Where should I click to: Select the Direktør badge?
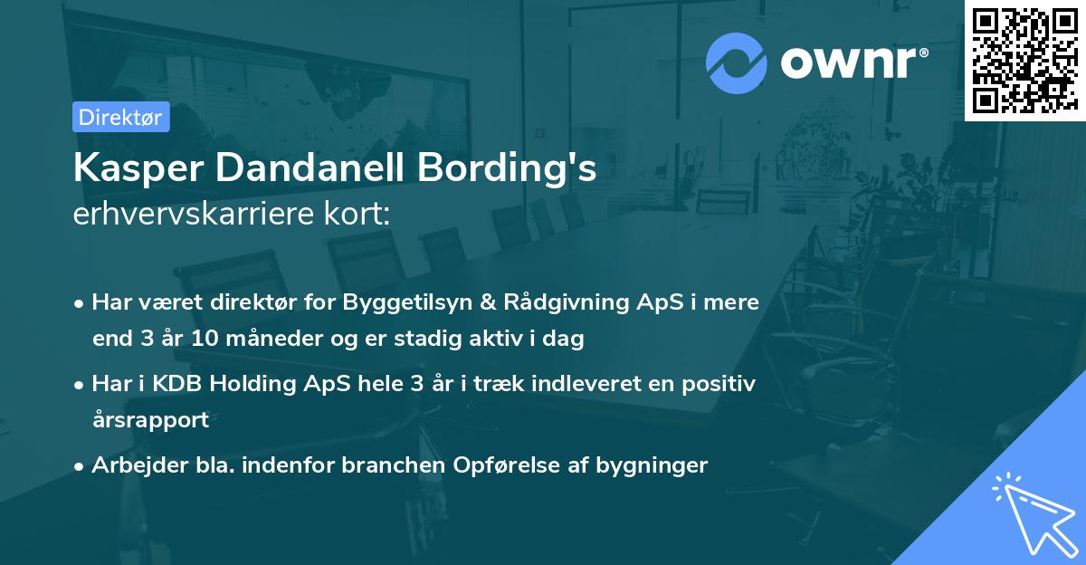tap(120, 117)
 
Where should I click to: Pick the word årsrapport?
tap(150, 420)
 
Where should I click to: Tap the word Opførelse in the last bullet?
tap(506, 465)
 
